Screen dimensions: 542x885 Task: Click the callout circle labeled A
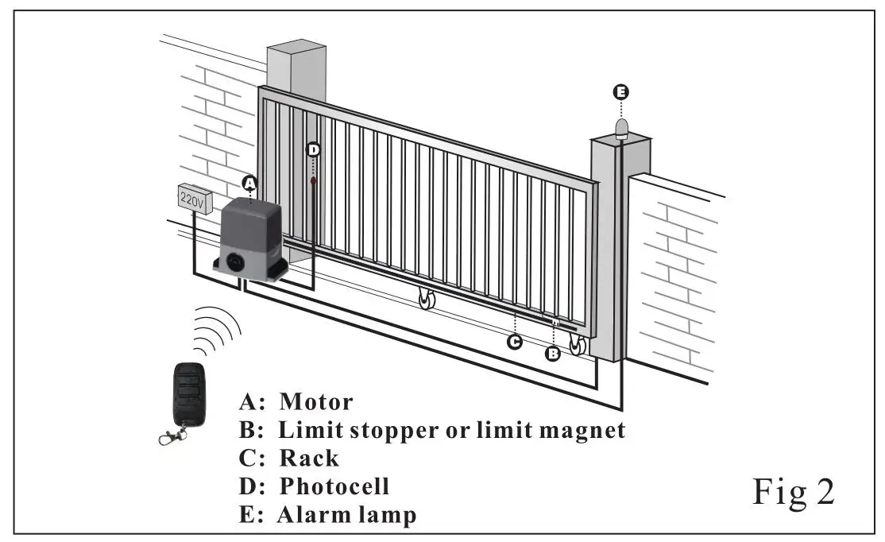coord(249,183)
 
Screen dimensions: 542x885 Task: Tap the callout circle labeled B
coord(553,354)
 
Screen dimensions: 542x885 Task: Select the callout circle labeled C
coord(515,343)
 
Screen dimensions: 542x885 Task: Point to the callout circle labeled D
coord(314,149)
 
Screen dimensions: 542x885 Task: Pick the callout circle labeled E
coord(620,92)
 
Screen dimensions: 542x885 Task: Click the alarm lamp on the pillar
coord(620,126)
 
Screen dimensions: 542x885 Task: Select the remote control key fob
coord(187,394)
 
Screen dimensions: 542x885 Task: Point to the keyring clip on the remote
coord(171,436)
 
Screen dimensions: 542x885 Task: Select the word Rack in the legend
coord(308,459)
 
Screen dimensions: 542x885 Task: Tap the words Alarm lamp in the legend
coord(346,514)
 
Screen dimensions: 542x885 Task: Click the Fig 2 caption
coord(793,494)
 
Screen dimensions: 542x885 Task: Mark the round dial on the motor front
coord(236,260)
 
